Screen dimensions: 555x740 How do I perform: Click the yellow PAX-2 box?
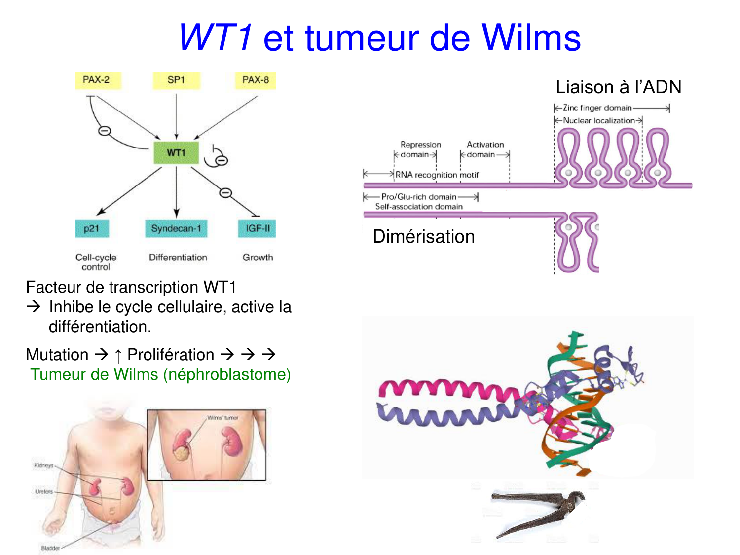click(96, 80)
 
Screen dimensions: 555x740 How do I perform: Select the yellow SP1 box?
click(176, 80)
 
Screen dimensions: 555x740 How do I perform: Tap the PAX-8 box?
click(256, 80)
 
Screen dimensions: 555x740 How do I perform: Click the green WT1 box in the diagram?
click(176, 153)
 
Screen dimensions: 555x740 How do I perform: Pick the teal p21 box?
click(92, 228)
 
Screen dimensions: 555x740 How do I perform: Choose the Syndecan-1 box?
click(176, 228)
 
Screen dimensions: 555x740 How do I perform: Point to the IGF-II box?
click(258, 228)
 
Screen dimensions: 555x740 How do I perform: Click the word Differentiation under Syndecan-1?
click(178, 258)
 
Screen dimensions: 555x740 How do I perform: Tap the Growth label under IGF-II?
click(258, 258)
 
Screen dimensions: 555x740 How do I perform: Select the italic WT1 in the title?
click(216, 38)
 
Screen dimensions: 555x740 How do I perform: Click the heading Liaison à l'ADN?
click(618, 87)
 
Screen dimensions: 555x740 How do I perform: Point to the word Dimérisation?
click(424, 237)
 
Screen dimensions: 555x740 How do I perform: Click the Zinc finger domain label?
click(597, 108)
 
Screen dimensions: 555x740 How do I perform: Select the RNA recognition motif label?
click(437, 175)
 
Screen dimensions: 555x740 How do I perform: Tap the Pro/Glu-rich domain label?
click(419, 197)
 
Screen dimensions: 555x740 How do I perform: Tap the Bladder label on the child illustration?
click(50, 548)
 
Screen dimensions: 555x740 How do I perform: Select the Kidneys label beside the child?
click(43, 465)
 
